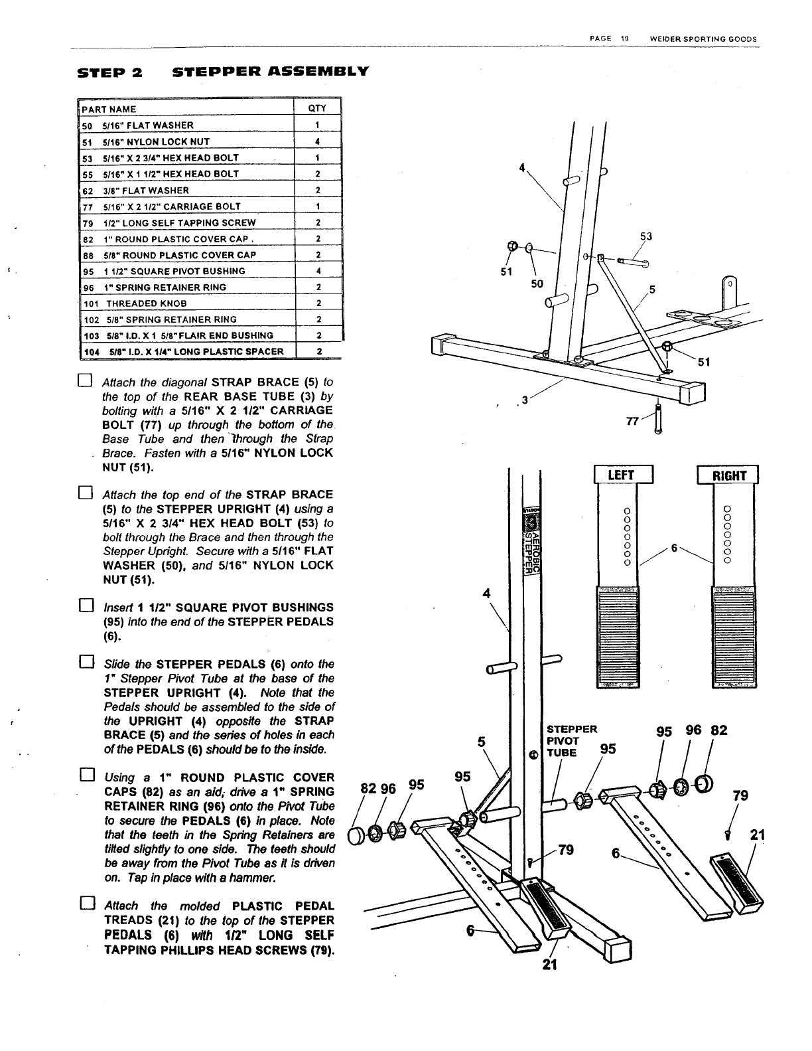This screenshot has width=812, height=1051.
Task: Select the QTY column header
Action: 317,109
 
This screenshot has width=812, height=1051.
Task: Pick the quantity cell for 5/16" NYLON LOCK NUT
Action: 318,141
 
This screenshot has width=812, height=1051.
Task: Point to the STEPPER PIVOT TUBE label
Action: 571,740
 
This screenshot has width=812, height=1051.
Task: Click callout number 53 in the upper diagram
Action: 645,236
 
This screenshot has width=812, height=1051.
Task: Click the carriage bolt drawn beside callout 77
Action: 657,418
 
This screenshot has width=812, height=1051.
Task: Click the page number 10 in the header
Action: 624,39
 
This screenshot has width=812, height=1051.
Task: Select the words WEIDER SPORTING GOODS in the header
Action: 703,39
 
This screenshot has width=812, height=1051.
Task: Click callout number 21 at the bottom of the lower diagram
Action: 547,963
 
